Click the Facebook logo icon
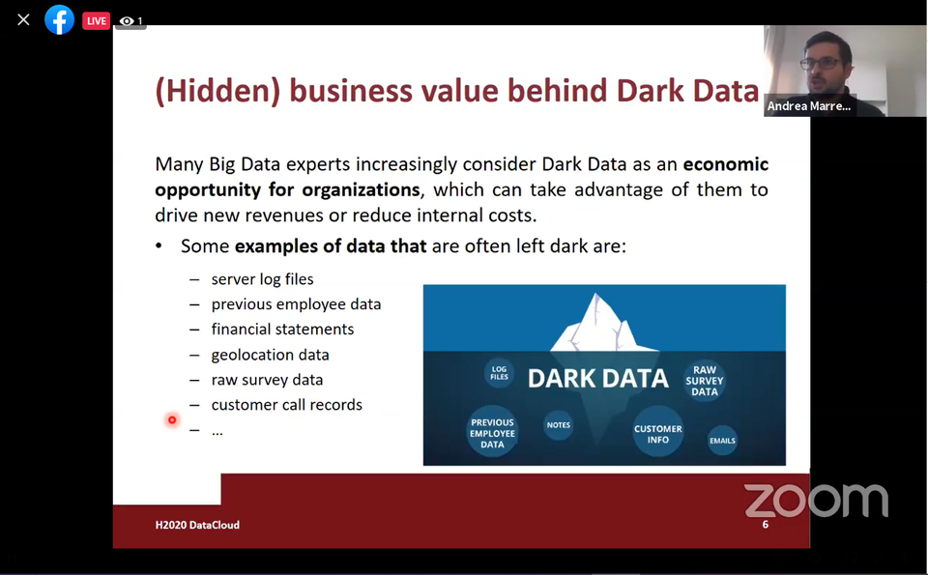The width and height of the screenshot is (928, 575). point(59,20)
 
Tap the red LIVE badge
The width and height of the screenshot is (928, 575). point(96,20)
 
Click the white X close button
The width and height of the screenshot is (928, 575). point(23,20)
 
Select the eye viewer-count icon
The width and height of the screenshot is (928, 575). point(126,21)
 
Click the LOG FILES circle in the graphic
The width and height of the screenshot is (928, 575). point(499,373)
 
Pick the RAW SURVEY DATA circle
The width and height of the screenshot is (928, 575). point(705,381)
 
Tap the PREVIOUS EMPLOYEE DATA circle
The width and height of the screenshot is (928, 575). point(492,432)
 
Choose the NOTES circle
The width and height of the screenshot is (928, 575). point(558,425)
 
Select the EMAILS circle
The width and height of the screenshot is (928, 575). point(722,440)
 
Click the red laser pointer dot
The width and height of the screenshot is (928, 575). point(172,420)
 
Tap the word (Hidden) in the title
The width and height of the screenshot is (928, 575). point(217,91)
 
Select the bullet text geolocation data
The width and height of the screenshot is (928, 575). point(270,355)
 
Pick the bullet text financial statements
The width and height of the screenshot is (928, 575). point(282,329)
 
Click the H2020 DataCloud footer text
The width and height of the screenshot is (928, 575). point(197,525)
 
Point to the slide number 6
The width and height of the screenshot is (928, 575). point(766,524)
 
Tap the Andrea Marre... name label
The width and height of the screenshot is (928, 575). point(808,106)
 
